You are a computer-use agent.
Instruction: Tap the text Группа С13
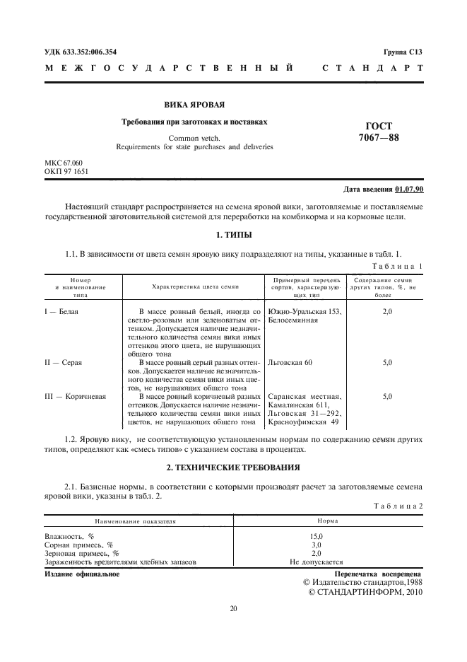coord(403,52)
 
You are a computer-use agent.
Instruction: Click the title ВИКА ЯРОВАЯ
coord(195,104)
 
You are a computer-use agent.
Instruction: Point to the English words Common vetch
coord(195,138)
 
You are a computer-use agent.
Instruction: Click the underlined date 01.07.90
coord(409,190)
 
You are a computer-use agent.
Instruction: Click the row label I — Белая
coord(62,311)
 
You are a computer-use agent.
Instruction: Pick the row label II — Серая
coord(64,362)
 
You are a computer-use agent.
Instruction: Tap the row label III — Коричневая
coord(75,397)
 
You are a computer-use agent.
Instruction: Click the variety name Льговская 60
coord(290,362)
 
